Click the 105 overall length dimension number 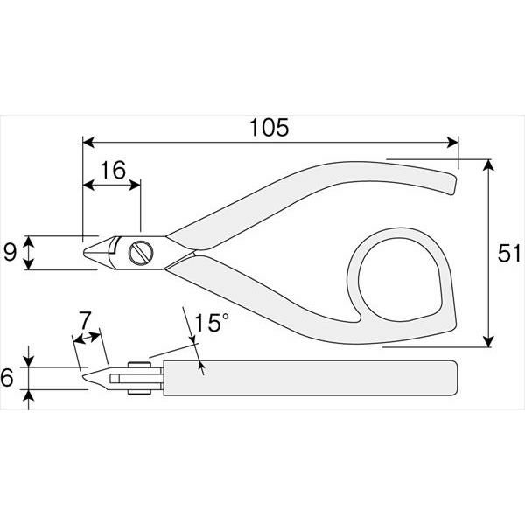point(269,128)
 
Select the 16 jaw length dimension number point(113,170)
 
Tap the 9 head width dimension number point(10,253)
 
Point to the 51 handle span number point(508,253)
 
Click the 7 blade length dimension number point(84,320)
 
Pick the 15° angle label point(211,322)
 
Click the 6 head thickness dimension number point(7,377)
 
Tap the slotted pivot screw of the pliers point(141,253)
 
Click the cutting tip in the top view point(84,253)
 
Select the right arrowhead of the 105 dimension point(452,143)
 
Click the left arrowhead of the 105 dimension point(88,143)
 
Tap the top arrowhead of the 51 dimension point(489,164)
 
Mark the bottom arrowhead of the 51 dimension point(489,341)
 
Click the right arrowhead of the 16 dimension point(135,185)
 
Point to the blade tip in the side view point(84,377)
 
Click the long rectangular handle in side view point(310,378)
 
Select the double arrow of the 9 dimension point(29,253)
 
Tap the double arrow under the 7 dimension point(87,338)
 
